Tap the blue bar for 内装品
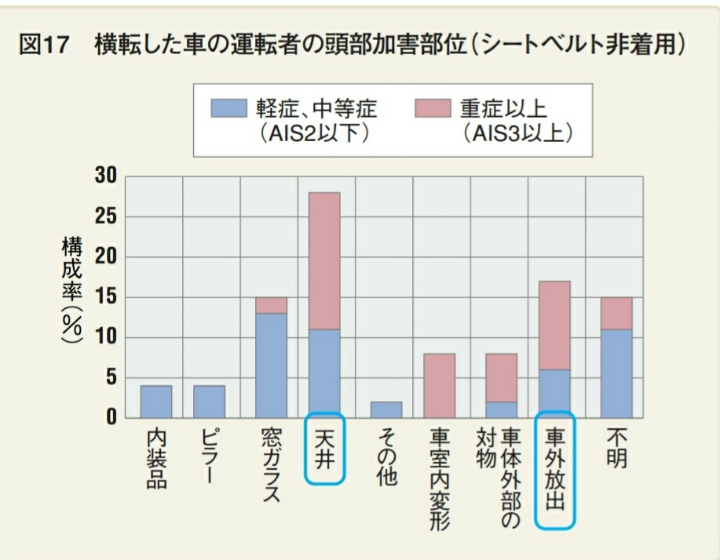(x=156, y=401)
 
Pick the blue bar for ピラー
(x=209, y=401)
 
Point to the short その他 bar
(x=386, y=409)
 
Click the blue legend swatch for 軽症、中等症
(x=228, y=107)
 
